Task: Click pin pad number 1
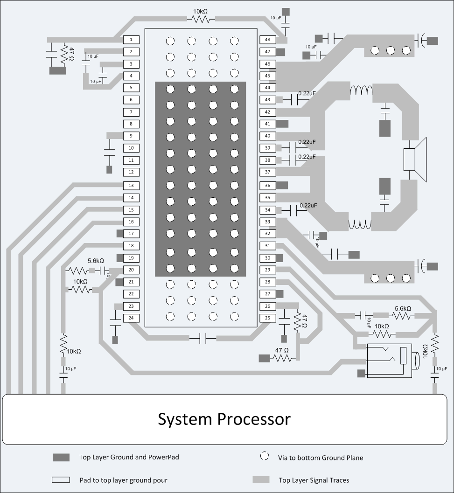click(x=131, y=40)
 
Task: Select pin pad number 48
click(x=268, y=40)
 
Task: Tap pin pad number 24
click(x=131, y=318)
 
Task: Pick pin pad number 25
click(x=268, y=318)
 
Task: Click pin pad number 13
click(x=131, y=186)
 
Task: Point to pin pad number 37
click(x=268, y=172)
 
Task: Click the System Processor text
click(x=224, y=419)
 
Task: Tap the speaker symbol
click(x=415, y=160)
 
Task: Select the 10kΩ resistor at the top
click(x=201, y=20)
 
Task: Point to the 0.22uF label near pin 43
click(x=307, y=93)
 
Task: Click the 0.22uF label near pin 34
click(x=308, y=205)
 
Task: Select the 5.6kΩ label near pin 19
click(x=96, y=261)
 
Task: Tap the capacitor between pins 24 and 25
click(x=203, y=338)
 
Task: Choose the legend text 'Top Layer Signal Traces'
click(x=314, y=480)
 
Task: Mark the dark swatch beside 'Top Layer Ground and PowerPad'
click(x=61, y=457)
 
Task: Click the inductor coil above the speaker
click(x=361, y=90)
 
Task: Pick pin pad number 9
click(x=131, y=136)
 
